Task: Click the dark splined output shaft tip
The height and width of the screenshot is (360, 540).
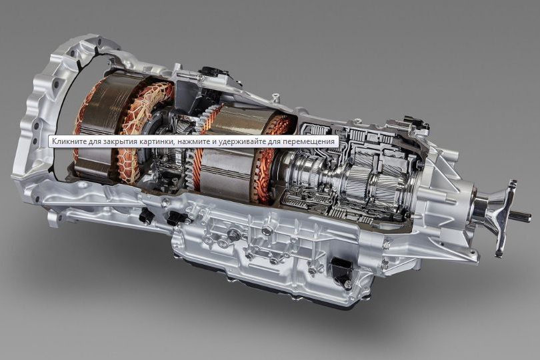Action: click(521, 216)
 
